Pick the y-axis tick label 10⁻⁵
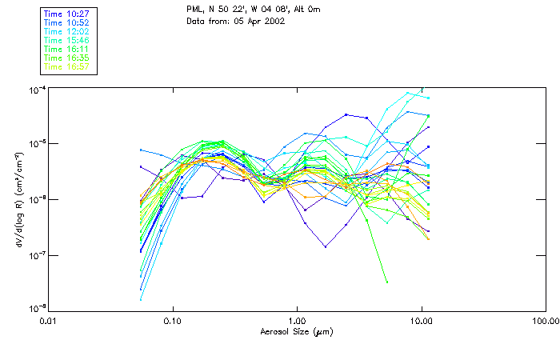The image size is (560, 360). (x=36, y=145)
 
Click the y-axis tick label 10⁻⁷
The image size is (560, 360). (x=36, y=256)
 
